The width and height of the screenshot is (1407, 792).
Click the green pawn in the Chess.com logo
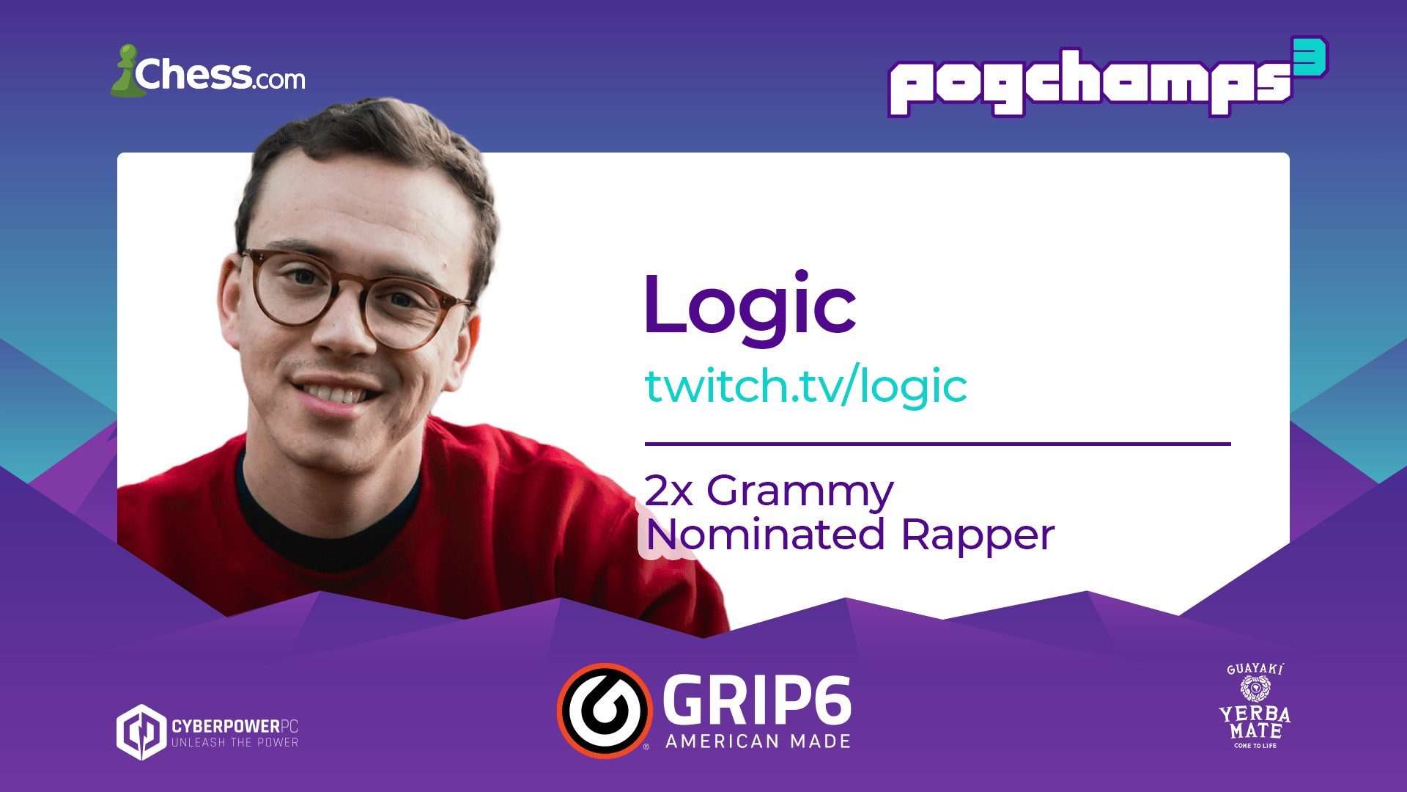pyautogui.click(x=127, y=72)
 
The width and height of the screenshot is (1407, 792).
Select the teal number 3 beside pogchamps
pyautogui.click(x=1310, y=57)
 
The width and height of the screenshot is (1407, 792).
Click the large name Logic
pyautogui.click(x=750, y=304)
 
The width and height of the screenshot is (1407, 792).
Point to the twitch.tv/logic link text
pyautogui.click(x=805, y=386)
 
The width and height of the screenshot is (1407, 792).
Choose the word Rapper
pyautogui.click(x=978, y=536)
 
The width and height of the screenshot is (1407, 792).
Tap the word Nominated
pyautogui.click(x=766, y=535)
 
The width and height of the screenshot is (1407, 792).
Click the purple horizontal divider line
pyautogui.click(x=937, y=444)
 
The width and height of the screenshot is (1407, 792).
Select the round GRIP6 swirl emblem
pyautogui.click(x=605, y=711)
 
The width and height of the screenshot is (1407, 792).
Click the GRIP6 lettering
pyautogui.click(x=757, y=700)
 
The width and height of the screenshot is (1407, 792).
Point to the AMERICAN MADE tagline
pyautogui.click(x=758, y=741)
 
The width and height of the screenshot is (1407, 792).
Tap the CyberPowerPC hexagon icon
pyautogui.click(x=141, y=732)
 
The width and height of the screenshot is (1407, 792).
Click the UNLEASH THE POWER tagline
pyautogui.click(x=235, y=743)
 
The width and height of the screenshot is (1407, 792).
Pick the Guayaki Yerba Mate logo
pyautogui.click(x=1255, y=705)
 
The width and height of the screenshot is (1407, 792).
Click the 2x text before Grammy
pyautogui.click(x=668, y=491)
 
